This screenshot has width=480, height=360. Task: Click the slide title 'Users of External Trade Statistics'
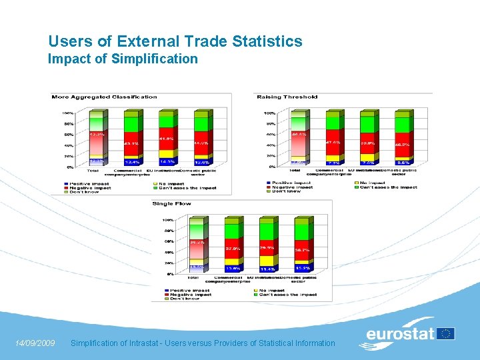click(x=175, y=41)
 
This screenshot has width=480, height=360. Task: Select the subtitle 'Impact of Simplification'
click(x=123, y=59)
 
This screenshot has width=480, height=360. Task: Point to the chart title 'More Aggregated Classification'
click(x=104, y=97)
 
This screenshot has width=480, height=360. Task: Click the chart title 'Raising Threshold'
click(x=287, y=97)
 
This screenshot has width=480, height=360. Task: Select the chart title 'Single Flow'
click(x=171, y=203)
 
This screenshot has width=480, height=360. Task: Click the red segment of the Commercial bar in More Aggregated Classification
click(x=131, y=142)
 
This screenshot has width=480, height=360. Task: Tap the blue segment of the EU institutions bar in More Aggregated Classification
click(x=166, y=161)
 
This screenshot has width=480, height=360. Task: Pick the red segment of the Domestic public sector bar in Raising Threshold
click(x=403, y=143)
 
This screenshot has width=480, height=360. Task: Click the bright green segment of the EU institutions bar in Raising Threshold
click(x=367, y=124)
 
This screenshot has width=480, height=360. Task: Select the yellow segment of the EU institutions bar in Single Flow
click(x=267, y=261)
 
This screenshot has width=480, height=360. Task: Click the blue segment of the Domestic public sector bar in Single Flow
click(x=302, y=268)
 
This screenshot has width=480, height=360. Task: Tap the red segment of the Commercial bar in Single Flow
click(x=233, y=247)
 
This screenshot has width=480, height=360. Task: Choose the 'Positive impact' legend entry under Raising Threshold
click(x=290, y=182)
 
